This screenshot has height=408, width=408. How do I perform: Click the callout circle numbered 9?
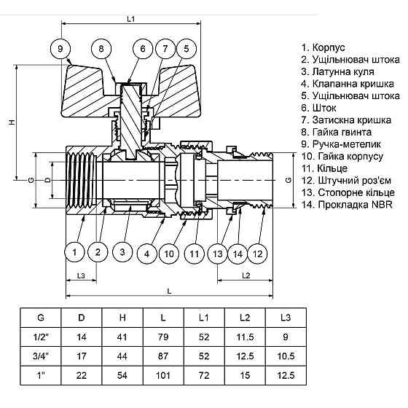click(x=62, y=49)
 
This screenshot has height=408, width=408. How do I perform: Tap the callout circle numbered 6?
click(x=143, y=49)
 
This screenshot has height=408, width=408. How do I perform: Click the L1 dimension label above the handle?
click(x=131, y=20)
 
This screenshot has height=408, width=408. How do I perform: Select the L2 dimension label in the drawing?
click(x=246, y=276)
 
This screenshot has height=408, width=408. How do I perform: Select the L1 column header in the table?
click(x=204, y=318)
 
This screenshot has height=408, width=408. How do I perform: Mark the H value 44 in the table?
click(x=122, y=356)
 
